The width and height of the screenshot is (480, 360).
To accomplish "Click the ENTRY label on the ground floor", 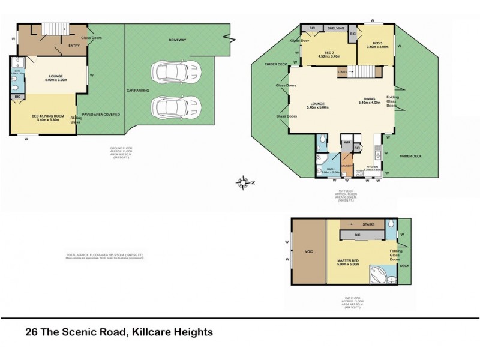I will pyautogui.click(x=74, y=46).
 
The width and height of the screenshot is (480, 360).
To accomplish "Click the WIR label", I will pyautogui.click(x=347, y=142).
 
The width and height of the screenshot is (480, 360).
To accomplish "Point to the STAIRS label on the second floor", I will pyautogui.click(x=365, y=224).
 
